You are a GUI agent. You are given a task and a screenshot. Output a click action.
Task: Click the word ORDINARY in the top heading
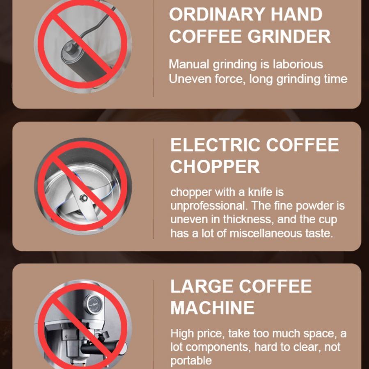point(218,15)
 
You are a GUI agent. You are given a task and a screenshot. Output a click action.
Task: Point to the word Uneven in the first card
point(184,79)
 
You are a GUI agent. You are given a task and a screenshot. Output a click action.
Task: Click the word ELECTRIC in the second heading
point(215,145)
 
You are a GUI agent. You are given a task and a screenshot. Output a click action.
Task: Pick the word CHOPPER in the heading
point(215,167)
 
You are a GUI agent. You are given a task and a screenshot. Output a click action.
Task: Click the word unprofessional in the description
point(209,206)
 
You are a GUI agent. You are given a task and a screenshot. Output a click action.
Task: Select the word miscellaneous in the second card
point(266,234)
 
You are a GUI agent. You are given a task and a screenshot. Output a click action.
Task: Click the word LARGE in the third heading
point(202,286)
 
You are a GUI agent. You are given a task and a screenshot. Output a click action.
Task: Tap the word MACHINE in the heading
point(212,308)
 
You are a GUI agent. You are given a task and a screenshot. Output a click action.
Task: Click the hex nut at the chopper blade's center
point(84,198)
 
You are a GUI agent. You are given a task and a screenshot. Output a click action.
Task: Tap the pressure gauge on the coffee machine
point(94,304)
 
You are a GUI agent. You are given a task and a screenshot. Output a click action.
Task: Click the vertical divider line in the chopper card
point(153,189)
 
